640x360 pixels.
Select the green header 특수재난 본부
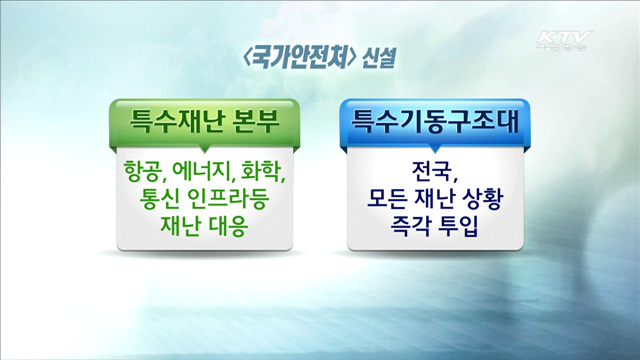(205, 122)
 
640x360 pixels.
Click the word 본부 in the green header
(256, 122)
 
